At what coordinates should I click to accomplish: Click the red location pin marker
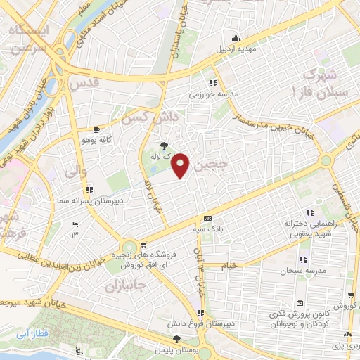[x=181, y=165]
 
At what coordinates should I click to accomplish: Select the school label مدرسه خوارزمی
[x=214, y=93]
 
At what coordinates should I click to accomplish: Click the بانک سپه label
[x=207, y=229]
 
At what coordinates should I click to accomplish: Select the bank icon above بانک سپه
[x=207, y=218]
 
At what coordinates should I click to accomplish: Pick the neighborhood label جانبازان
[x=124, y=286]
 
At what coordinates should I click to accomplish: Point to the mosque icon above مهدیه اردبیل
[x=238, y=38]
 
